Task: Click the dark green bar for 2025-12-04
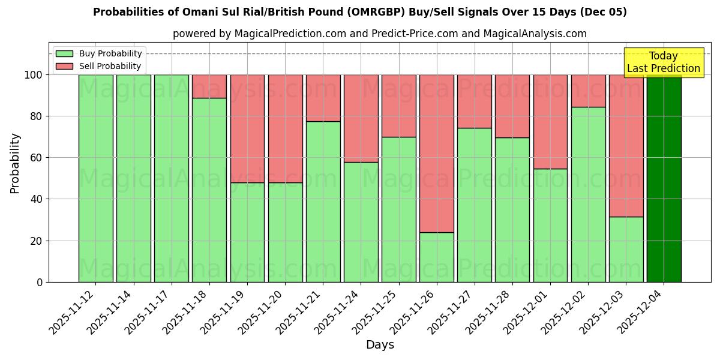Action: coord(664,178)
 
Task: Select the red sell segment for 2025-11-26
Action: coord(436,153)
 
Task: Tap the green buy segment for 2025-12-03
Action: coord(626,249)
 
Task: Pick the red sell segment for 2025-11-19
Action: coord(247,128)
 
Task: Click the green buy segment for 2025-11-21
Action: coord(323,202)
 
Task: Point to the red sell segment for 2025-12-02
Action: coord(588,91)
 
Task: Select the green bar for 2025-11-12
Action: coord(95,178)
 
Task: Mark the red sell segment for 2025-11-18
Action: coord(209,86)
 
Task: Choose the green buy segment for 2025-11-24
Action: coord(361,222)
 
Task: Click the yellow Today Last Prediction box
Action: coord(664,62)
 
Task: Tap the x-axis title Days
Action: coord(380,345)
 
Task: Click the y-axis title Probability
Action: coord(15,163)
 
